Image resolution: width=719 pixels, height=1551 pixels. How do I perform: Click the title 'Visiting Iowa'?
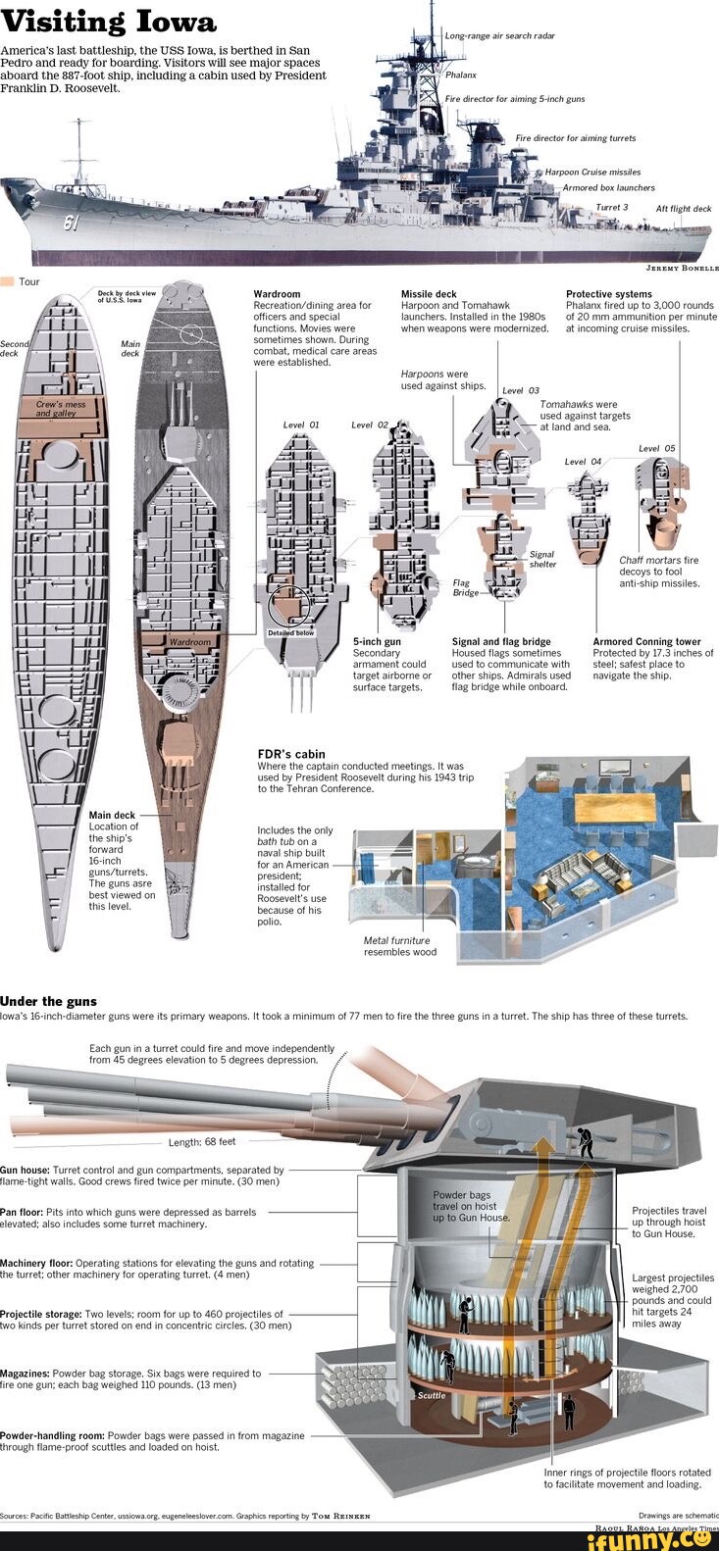tap(109, 22)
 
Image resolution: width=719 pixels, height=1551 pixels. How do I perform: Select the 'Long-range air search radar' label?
tap(500, 35)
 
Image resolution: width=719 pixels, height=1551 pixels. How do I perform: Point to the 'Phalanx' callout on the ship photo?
tap(461, 75)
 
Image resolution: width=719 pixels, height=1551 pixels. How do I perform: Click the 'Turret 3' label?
tap(611, 208)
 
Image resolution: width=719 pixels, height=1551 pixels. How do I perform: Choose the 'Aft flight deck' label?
tap(684, 209)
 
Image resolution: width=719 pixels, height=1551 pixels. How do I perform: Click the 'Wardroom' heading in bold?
tap(277, 294)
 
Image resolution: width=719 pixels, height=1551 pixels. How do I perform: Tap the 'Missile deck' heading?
tap(429, 294)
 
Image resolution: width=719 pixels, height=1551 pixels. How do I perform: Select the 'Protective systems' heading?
tap(608, 294)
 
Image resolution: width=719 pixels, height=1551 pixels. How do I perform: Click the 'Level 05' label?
tap(656, 448)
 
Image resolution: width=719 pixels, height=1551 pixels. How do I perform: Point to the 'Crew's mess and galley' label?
tap(61, 409)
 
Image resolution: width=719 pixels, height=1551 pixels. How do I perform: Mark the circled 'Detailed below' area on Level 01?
tap(289, 608)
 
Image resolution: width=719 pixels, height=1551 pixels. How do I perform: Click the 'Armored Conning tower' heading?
tap(646, 642)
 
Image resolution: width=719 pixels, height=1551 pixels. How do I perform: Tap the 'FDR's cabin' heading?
tap(290, 754)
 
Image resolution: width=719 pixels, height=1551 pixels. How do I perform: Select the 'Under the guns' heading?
tap(48, 1001)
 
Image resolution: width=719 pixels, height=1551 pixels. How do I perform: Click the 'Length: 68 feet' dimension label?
tap(202, 1142)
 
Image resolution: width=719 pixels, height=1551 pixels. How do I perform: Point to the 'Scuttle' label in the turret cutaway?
tap(432, 1395)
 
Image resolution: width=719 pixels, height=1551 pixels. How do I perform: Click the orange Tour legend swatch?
tap(7, 281)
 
